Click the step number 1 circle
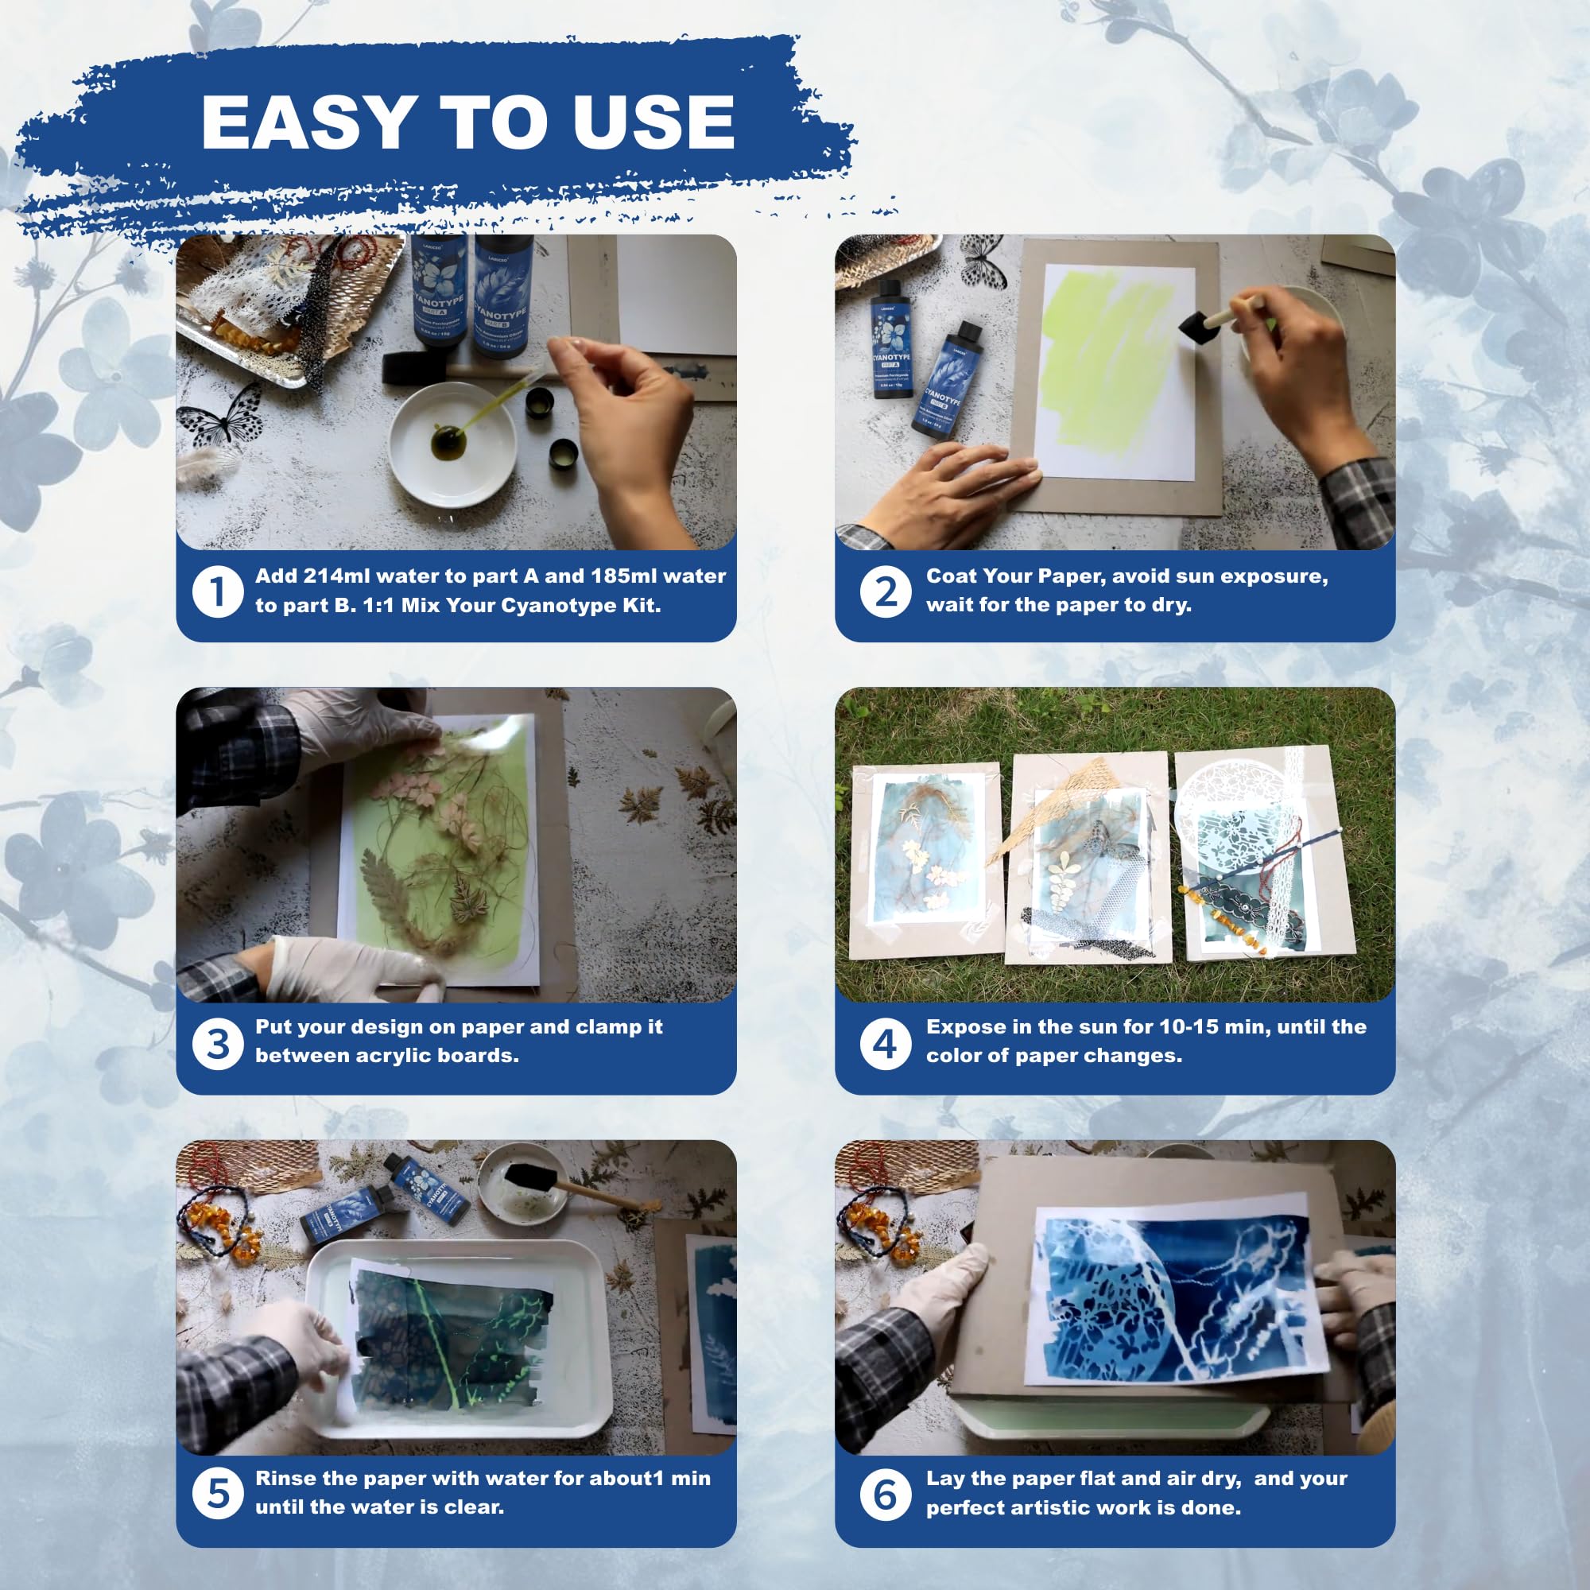(216, 591)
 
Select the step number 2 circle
(885, 591)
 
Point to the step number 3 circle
(216, 1044)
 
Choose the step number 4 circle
(885, 1044)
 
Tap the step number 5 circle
(216, 1495)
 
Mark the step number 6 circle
(885, 1495)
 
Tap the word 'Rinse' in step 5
(285, 1478)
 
